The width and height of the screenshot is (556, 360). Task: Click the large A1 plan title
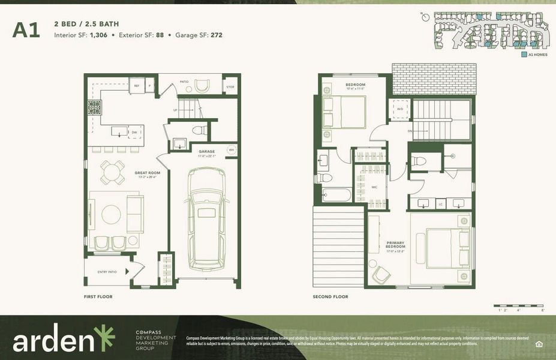pyautogui.click(x=26, y=29)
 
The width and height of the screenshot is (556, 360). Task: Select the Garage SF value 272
pyautogui.click(x=216, y=35)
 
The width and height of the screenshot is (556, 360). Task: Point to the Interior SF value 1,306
pyautogui.click(x=98, y=35)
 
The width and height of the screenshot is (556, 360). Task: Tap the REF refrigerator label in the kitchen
pyautogui.click(x=137, y=86)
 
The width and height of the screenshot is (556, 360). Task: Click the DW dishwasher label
pyautogui.click(x=134, y=132)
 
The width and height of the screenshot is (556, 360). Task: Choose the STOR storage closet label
pyautogui.click(x=230, y=86)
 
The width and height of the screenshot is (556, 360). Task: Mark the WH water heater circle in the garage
pyautogui.click(x=231, y=150)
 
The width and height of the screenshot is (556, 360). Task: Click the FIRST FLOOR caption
pyautogui.click(x=98, y=296)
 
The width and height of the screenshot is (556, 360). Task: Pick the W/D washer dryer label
pyautogui.click(x=399, y=109)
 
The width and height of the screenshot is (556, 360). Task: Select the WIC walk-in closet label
pyautogui.click(x=374, y=187)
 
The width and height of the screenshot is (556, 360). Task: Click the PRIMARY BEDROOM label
pyautogui.click(x=395, y=245)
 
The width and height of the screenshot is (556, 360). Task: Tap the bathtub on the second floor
pyautogui.click(x=336, y=194)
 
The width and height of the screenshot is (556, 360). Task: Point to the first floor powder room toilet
pyautogui.click(x=197, y=129)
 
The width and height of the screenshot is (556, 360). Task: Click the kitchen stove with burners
pyautogui.click(x=95, y=108)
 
